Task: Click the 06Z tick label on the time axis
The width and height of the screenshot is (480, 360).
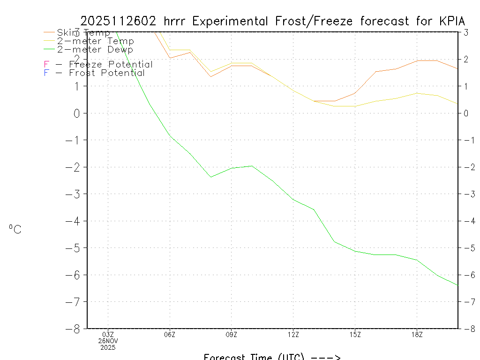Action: coord(170,335)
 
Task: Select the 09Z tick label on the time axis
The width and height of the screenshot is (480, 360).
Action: coord(232,335)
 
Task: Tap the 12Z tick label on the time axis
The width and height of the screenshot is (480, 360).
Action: coord(293,335)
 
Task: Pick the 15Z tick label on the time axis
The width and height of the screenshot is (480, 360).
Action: coord(355,335)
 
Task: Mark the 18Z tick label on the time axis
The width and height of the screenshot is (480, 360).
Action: coord(417,335)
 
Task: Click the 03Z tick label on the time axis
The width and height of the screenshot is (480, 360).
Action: coord(108,335)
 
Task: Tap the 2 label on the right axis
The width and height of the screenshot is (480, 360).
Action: coord(466,59)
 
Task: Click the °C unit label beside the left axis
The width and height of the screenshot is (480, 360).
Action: coord(15,229)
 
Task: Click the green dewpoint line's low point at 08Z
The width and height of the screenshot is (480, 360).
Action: coord(211,177)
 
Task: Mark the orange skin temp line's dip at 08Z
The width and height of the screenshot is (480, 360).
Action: coord(211,76)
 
